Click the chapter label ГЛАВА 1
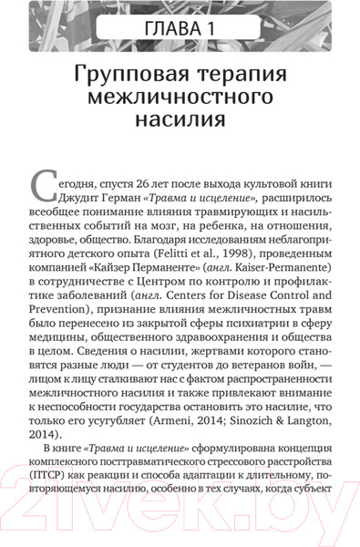tap(180, 35)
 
